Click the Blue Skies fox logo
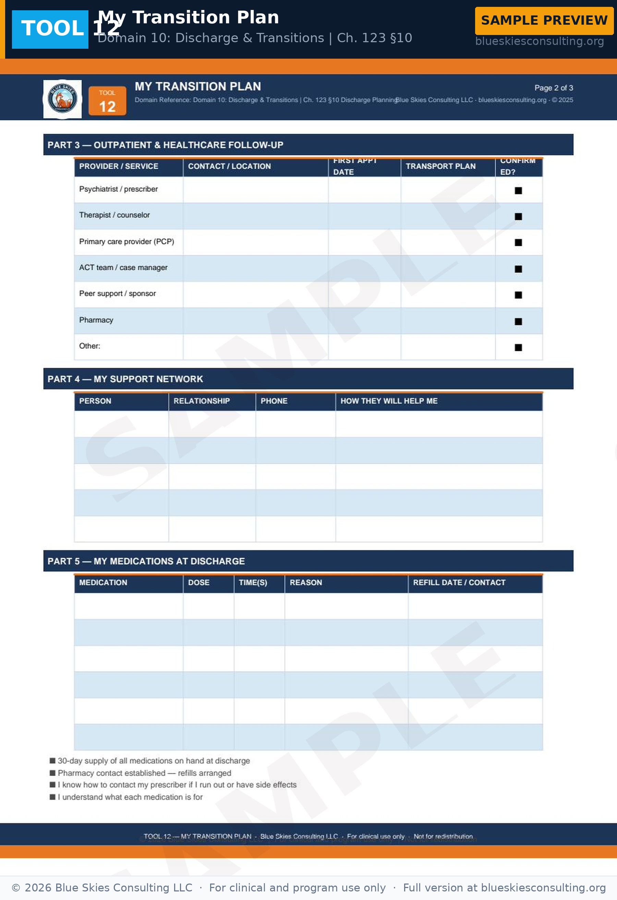point(62,99)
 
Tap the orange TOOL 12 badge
point(107,101)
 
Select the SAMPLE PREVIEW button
point(544,21)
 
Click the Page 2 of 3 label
point(554,88)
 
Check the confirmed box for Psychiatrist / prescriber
point(518,191)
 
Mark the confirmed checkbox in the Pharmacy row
point(518,321)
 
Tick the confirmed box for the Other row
point(518,347)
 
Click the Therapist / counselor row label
point(114,215)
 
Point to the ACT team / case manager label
point(123,268)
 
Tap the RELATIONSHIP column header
point(201,401)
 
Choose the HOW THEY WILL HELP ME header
point(389,401)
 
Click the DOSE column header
point(198,582)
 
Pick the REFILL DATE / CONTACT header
point(459,582)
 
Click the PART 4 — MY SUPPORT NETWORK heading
point(125,379)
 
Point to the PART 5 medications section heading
point(146,561)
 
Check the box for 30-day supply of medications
point(53,761)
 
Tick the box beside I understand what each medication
point(53,797)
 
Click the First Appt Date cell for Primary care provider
point(364,242)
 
